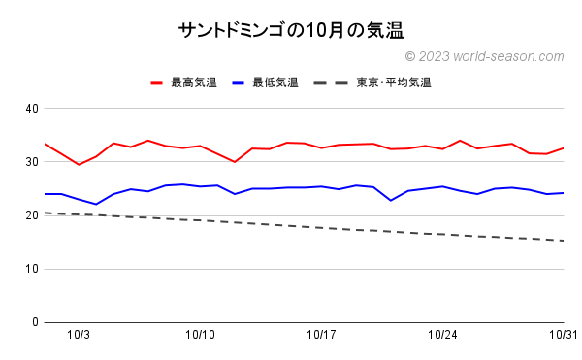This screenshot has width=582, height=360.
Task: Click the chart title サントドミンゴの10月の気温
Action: click(x=291, y=30)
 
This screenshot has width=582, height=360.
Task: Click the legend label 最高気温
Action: click(x=193, y=82)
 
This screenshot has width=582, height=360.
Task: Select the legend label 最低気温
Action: click(x=275, y=82)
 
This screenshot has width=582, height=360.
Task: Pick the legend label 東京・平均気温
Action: click(x=393, y=82)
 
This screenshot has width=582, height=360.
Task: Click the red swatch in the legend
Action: click(x=157, y=82)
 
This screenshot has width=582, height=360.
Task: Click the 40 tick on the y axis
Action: click(x=31, y=108)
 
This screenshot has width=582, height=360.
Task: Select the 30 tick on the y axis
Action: click(x=31, y=161)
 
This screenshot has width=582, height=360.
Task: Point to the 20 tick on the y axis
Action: click(x=31, y=215)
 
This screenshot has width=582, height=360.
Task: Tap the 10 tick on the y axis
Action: click(x=31, y=269)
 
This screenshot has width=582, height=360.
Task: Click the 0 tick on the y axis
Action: click(x=34, y=322)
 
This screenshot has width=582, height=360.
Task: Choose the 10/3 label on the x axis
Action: click(x=79, y=335)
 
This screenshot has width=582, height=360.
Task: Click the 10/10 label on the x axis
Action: click(x=200, y=335)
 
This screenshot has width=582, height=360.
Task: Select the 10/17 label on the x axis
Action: click(x=321, y=335)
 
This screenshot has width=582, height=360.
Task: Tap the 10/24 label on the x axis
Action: click(x=442, y=335)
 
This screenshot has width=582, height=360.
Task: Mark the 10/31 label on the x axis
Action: click(x=563, y=335)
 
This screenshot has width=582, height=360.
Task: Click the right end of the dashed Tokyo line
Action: click(x=563, y=241)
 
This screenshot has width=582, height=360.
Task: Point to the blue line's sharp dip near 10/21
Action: click(x=390, y=200)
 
